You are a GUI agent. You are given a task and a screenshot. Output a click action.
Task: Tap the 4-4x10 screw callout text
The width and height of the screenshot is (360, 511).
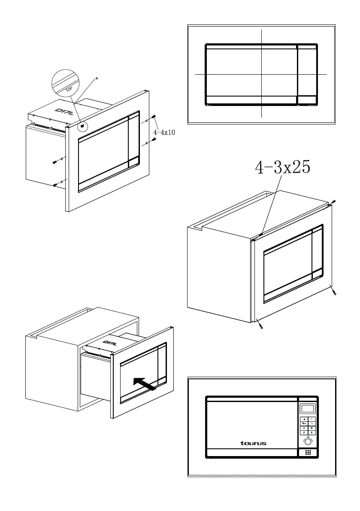164,133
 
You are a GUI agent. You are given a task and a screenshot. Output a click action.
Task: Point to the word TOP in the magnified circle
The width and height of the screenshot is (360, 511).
69,90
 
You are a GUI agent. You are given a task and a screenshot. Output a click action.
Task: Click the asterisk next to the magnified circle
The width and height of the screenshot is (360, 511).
97,79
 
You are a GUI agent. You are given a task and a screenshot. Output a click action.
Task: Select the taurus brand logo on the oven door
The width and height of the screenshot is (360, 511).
253,443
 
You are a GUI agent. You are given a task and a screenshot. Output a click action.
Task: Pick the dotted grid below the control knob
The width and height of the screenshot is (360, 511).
308,453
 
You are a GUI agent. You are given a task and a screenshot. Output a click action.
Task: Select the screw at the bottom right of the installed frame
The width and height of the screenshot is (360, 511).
335,293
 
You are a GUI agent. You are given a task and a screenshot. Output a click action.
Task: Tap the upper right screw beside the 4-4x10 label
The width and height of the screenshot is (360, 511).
154,118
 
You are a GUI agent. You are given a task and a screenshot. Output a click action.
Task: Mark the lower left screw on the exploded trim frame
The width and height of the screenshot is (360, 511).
55,185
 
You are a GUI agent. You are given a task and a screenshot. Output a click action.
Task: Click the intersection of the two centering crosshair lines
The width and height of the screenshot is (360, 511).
261,74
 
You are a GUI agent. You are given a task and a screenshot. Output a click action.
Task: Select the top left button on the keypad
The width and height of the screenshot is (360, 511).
304,419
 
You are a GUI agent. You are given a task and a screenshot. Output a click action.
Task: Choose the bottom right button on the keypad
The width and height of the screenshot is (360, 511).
312,432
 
